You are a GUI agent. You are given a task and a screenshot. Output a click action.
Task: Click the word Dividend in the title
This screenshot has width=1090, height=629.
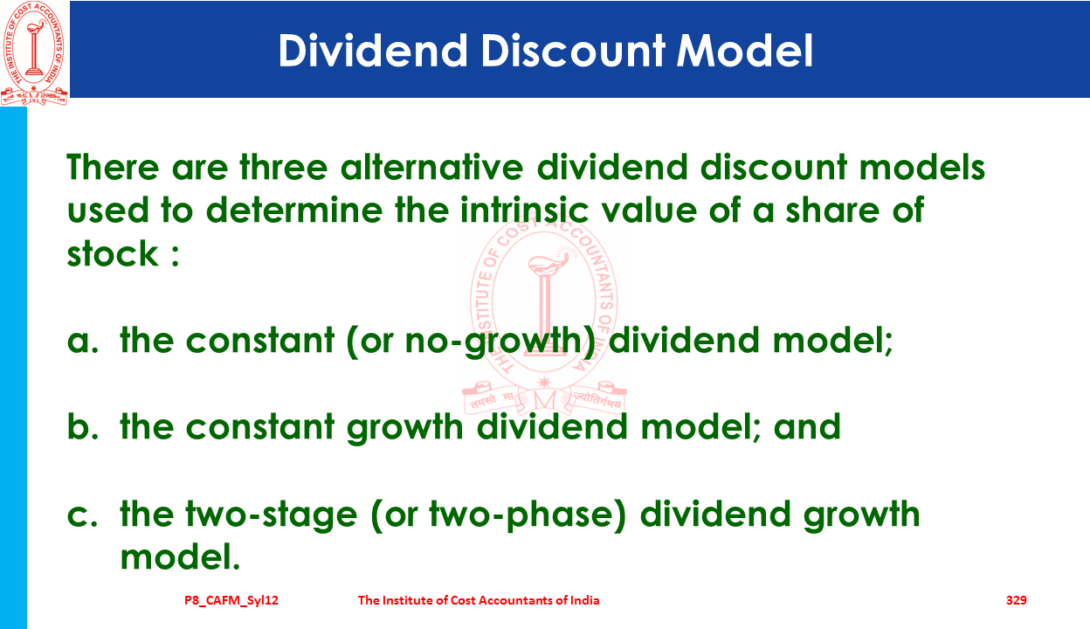coord(373,50)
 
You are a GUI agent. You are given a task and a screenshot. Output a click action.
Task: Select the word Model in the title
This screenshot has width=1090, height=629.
coord(744,50)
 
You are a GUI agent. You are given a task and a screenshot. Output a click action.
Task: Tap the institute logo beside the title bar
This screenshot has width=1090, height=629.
coord(34,53)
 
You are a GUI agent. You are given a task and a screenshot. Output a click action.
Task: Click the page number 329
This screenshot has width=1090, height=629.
coord(1016,600)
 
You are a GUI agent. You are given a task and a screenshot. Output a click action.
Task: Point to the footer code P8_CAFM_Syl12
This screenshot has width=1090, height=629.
coord(231,600)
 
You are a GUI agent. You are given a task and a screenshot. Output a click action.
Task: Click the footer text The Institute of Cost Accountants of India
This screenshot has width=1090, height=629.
coord(479,600)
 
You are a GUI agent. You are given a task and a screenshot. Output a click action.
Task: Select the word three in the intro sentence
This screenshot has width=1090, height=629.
coord(284,167)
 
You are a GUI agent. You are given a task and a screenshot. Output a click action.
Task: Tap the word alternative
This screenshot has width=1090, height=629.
coord(431,167)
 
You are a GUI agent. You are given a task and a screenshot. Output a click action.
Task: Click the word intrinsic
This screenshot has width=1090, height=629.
coord(524,210)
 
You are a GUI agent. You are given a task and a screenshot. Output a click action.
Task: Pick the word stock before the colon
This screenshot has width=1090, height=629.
coord(113,253)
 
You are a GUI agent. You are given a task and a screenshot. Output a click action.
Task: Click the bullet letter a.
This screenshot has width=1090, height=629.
coord(83,341)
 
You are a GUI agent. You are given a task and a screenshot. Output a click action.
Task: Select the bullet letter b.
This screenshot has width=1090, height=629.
coord(83,426)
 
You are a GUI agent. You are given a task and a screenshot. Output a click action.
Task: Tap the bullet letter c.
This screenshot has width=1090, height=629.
coord(83,515)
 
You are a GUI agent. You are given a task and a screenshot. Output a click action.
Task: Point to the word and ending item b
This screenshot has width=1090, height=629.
coord(807,426)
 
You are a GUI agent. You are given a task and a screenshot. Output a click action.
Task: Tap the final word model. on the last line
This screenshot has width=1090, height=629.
coord(180,556)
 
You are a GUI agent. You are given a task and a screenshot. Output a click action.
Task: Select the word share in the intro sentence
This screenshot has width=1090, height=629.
coord(832,210)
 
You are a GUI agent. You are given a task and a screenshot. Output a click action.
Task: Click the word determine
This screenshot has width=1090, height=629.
coord(294,210)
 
